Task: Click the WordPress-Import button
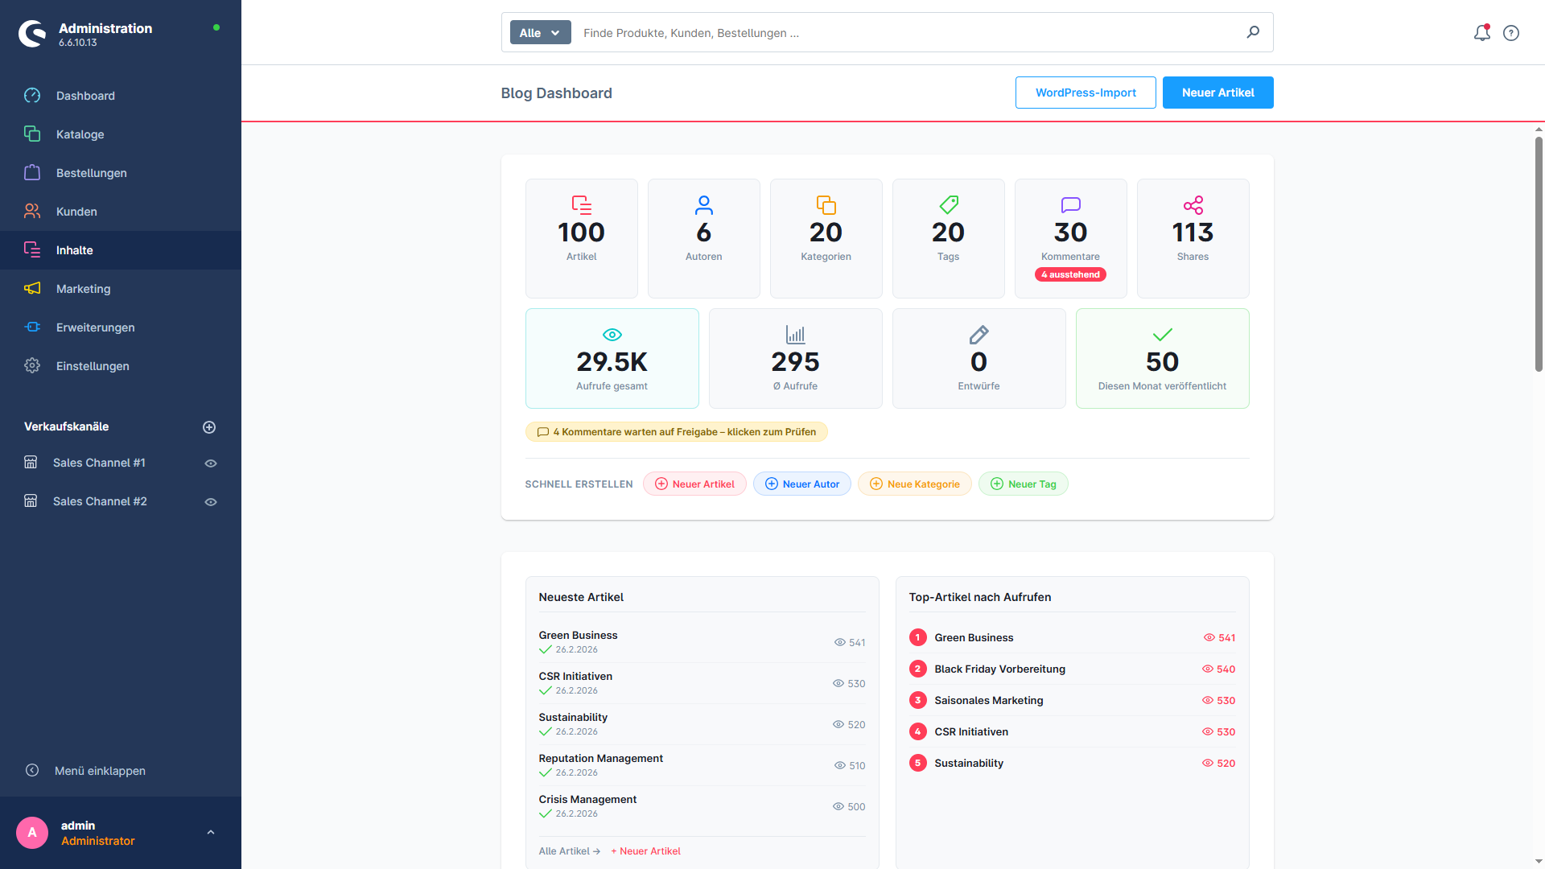[x=1086, y=93]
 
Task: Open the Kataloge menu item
[x=80, y=134]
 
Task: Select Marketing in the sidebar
[x=83, y=289]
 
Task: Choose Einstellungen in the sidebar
[x=93, y=366]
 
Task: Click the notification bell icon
[x=1482, y=33]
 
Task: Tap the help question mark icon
[x=1511, y=33]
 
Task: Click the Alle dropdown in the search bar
[x=540, y=33]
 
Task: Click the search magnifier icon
[x=1253, y=32]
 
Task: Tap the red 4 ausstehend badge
[x=1070, y=274]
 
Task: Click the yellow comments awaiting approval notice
[x=676, y=432]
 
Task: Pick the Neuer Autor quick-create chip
[x=801, y=484]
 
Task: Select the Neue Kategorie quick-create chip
[x=914, y=484]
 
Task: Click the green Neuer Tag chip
[x=1023, y=484]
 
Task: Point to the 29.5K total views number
[x=612, y=362]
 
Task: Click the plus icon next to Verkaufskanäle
[x=209, y=427]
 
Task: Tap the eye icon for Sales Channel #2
[x=211, y=502]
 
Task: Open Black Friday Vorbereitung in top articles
[x=999, y=669]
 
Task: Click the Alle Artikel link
[x=569, y=851]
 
